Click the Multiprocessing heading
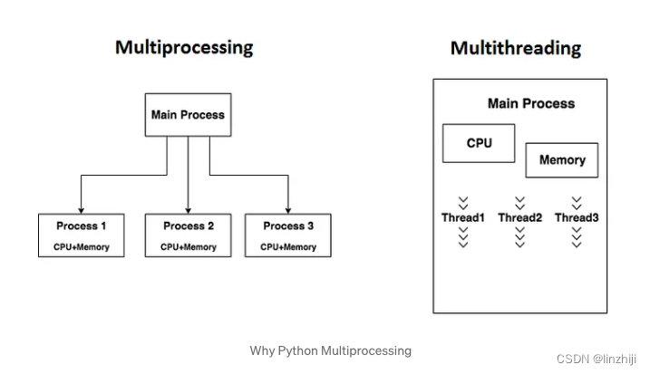(x=184, y=47)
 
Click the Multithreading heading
(x=515, y=47)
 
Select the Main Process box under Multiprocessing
(x=188, y=115)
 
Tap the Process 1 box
(x=82, y=235)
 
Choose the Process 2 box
(x=189, y=235)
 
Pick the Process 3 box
(x=288, y=235)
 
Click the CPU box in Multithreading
(x=479, y=143)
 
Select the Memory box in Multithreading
(x=562, y=160)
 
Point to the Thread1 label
(x=463, y=218)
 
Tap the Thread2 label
(x=519, y=218)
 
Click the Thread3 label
(x=577, y=218)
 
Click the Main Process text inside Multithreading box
(x=530, y=103)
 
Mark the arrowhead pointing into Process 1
(x=82, y=209)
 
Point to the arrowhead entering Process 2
(x=189, y=209)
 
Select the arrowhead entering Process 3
(x=288, y=209)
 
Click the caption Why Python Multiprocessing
(x=331, y=350)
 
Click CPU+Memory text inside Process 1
(x=82, y=246)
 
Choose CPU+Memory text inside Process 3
(x=288, y=246)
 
